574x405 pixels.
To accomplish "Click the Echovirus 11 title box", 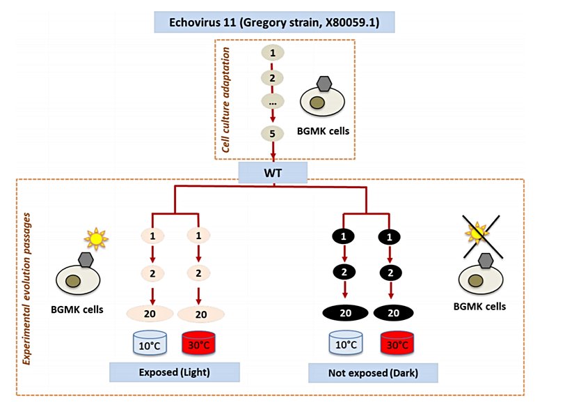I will point(275,21).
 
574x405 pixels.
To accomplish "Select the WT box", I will point(273,171).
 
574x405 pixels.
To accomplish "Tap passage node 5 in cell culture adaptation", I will point(272,134).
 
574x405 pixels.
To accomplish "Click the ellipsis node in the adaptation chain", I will point(272,101).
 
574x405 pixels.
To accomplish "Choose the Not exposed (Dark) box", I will point(373,373).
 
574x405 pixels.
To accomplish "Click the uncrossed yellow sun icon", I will point(95,238).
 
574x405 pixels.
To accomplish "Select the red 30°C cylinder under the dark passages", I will point(399,344).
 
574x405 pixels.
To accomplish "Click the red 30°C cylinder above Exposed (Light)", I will point(200,344).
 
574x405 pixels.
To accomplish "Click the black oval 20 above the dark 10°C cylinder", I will point(345,312).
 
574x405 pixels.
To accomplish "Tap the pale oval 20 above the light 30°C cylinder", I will point(201,314).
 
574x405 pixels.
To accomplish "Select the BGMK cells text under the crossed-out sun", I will point(479,306).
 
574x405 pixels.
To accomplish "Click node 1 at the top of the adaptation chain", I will point(272,53).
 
